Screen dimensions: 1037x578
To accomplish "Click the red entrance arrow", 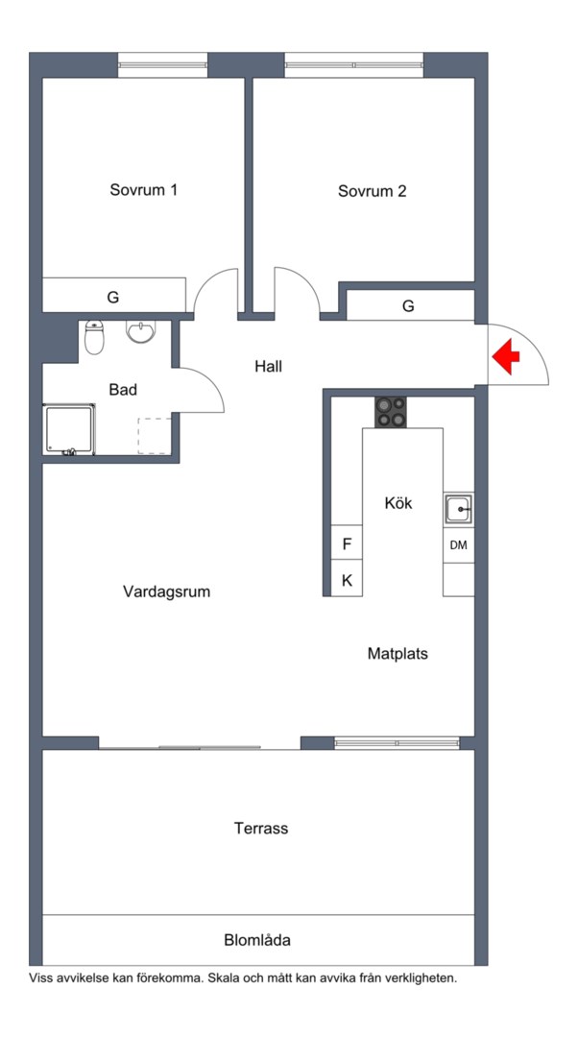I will pos(506,359).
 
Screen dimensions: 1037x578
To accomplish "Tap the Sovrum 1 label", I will pos(143,190).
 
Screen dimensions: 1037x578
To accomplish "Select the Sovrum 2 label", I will pos(372,191).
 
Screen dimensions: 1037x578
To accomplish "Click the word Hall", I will pos(269,366).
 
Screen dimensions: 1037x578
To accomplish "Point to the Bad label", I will pos(123,390).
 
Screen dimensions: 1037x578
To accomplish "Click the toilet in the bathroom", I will pos(94,336).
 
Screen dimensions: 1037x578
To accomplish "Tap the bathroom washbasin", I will pos(140,332).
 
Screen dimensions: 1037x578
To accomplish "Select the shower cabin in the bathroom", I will pos(69,429).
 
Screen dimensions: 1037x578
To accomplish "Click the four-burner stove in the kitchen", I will pos(390,412).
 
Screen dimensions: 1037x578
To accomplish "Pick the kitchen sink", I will pos(458,508).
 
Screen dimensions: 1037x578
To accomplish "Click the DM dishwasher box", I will pos(458,545).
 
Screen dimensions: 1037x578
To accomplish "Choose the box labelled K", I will pos(347,580).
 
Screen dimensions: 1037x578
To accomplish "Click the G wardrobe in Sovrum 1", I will pos(113,297).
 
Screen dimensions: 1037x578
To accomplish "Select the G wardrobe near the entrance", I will pos(409,306).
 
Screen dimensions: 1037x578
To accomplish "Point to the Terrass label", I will pos(261,828).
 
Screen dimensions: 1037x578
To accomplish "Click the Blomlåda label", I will pos(257,940).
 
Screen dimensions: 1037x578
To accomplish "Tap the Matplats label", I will pos(397,654).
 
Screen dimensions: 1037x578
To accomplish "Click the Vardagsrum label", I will pos(166,591).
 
